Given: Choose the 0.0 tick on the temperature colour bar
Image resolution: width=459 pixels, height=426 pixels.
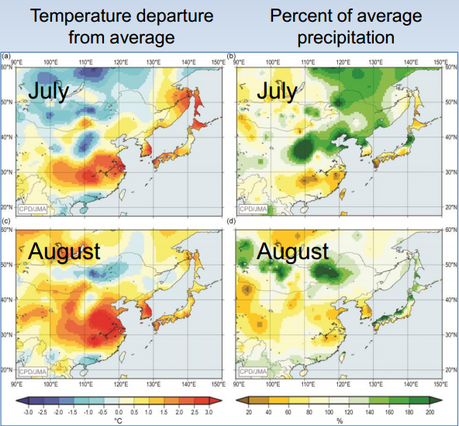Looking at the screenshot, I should click(119, 413).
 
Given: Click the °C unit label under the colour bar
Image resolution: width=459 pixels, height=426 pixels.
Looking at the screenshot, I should click(119, 421).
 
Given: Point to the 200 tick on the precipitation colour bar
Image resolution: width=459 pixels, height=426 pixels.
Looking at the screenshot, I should click(429, 413).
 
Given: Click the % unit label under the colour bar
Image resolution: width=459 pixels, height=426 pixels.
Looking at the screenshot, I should click(340, 421).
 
